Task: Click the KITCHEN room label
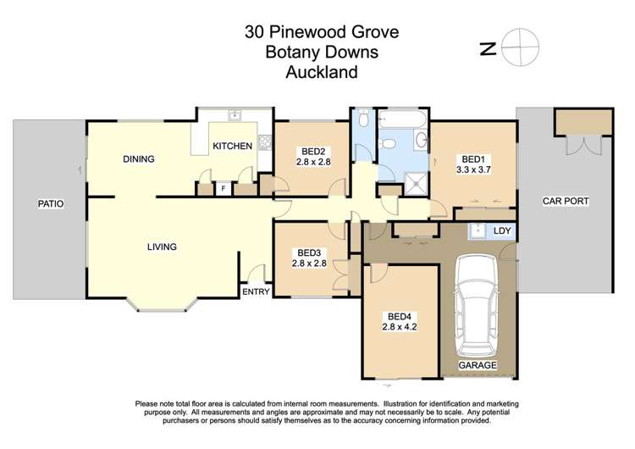pyautogui.click(x=232, y=146)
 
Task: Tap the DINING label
pyautogui.click(x=137, y=158)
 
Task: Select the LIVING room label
pyautogui.click(x=161, y=247)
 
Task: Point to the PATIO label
pyautogui.click(x=51, y=204)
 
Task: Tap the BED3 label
pyautogui.click(x=309, y=252)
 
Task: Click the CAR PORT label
pyautogui.click(x=566, y=201)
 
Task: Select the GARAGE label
pyautogui.click(x=477, y=365)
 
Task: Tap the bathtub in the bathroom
pyautogui.click(x=402, y=119)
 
